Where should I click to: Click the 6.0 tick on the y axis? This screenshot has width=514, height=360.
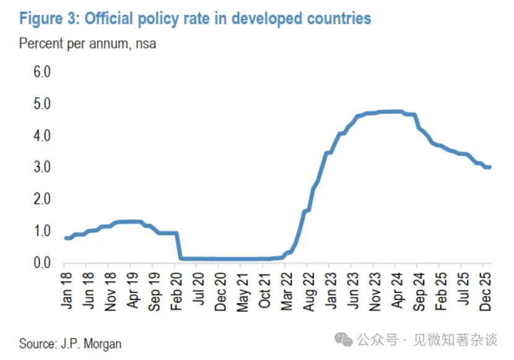pyautogui.click(x=42, y=72)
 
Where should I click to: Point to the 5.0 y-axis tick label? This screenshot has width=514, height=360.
pyautogui.click(x=42, y=103)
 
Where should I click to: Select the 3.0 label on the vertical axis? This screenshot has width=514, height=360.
pyautogui.click(x=42, y=167)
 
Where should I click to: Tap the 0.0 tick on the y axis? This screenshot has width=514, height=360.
pyautogui.click(x=42, y=263)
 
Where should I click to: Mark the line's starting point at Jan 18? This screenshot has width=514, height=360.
pyautogui.click(x=66, y=238)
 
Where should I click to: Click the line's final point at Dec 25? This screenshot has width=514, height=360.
pyautogui.click(x=489, y=167)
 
